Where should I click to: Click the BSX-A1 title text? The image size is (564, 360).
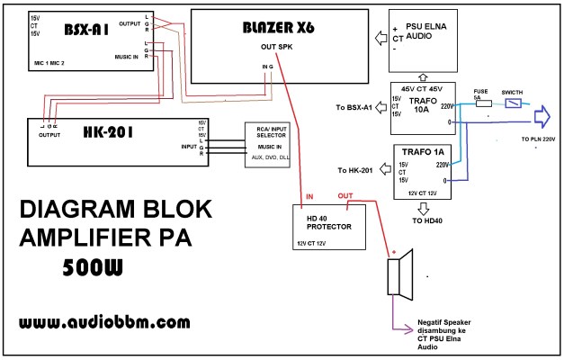pos(86,29)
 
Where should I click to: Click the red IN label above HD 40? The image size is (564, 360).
pos(309,195)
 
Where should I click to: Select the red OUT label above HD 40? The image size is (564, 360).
pos(345,195)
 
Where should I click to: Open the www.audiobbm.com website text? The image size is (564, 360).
pos(104,321)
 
